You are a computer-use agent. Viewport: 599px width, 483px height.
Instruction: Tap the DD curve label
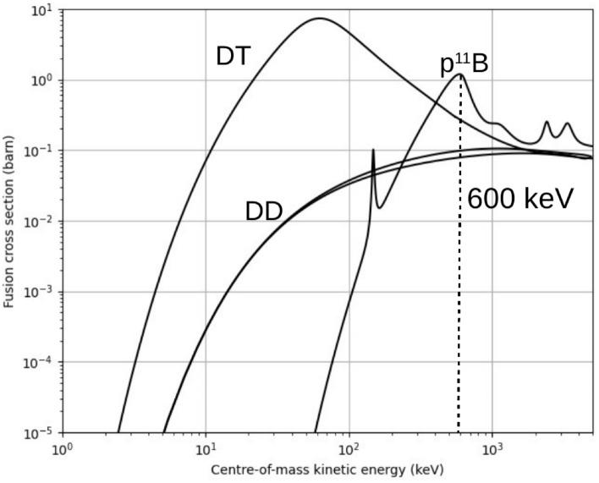[263, 211]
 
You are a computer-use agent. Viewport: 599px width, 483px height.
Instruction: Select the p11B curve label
[464, 64]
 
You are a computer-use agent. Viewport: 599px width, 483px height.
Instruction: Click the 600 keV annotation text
[520, 200]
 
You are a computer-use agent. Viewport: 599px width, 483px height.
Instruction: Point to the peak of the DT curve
[320, 19]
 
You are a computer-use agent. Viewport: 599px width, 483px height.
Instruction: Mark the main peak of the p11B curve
[460, 74]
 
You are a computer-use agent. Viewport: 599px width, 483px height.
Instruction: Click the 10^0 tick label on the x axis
[62, 448]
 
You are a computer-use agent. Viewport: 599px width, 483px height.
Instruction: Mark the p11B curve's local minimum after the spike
[380, 207]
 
